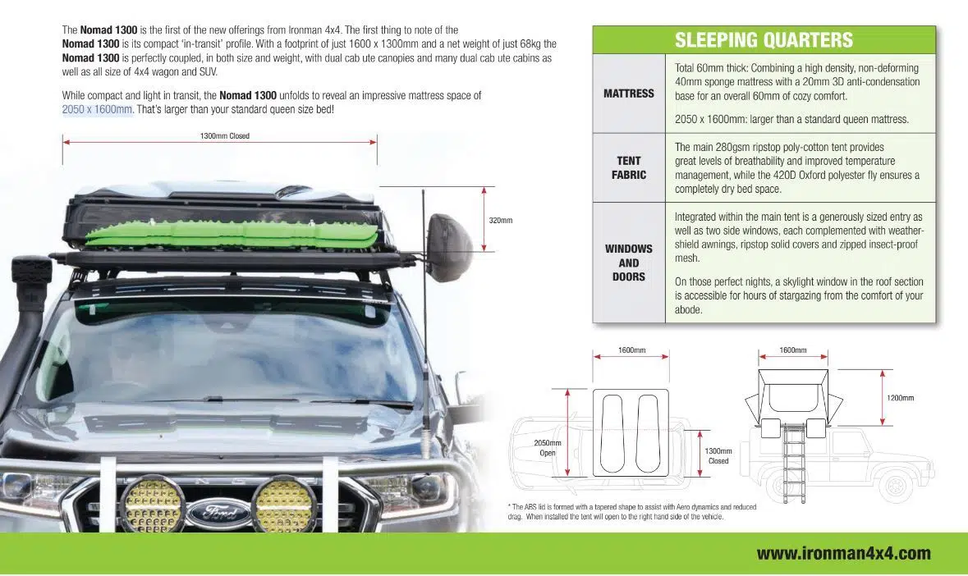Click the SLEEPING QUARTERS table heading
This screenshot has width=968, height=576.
(764, 39)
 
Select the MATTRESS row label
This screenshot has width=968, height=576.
(628, 94)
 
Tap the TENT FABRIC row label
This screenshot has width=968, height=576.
(628, 167)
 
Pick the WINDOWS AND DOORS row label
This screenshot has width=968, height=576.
(628, 263)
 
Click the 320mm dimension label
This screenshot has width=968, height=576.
(500, 221)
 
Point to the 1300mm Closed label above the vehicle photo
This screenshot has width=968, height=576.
(224, 136)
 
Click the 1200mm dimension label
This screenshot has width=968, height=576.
(900, 398)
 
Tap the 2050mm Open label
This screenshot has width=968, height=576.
(547, 448)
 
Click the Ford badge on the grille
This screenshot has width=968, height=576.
(218, 512)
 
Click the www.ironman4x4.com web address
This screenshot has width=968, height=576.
(843, 553)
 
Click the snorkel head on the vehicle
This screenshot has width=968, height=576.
(31, 276)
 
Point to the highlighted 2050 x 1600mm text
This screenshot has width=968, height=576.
(97, 109)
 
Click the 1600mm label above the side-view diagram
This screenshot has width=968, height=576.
(792, 350)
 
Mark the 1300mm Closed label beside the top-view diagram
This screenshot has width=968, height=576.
(718, 456)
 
